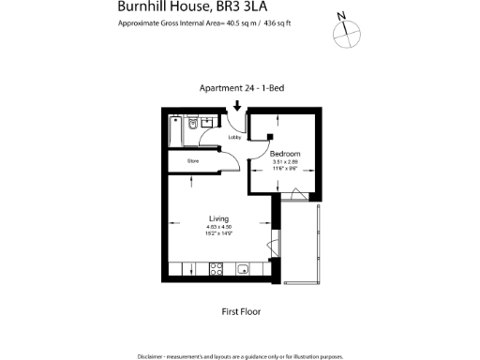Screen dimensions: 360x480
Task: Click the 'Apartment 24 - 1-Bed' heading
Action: (242, 89)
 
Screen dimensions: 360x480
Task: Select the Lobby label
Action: (235, 138)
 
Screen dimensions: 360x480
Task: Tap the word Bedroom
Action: (285, 153)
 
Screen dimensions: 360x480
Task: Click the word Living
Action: (218, 219)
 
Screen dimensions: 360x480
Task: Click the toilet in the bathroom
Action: (191, 124)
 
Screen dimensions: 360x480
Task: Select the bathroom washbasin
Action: (208, 122)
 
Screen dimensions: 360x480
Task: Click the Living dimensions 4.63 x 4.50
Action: (218, 228)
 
